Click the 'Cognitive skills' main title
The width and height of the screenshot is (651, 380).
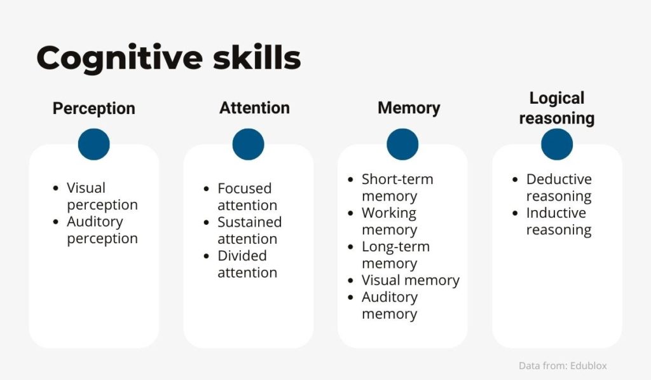click(168, 58)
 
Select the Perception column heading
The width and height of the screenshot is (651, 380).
click(94, 108)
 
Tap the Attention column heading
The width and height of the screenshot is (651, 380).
click(254, 108)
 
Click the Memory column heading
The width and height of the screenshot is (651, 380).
click(409, 108)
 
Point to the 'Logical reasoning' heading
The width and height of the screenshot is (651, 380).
click(557, 108)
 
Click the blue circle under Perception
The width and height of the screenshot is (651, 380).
click(94, 144)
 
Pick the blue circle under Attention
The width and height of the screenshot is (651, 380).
click(249, 144)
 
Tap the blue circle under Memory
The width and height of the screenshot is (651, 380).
click(402, 144)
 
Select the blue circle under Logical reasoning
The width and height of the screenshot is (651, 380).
click(557, 144)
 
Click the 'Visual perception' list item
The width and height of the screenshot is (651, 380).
click(102, 196)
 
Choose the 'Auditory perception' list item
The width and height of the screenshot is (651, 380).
click(102, 230)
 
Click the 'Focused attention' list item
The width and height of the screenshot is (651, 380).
click(247, 197)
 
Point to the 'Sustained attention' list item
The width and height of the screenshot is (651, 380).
click(249, 230)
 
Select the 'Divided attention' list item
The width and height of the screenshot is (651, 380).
click(247, 264)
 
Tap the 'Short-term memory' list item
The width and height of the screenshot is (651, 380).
click(397, 188)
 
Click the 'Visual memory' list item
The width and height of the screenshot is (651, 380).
click(411, 281)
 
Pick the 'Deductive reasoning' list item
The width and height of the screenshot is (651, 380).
click(559, 188)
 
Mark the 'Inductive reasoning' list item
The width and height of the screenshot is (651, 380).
click(559, 221)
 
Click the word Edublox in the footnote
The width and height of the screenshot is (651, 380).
click(588, 366)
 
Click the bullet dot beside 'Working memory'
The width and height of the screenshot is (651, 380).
click(351, 213)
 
